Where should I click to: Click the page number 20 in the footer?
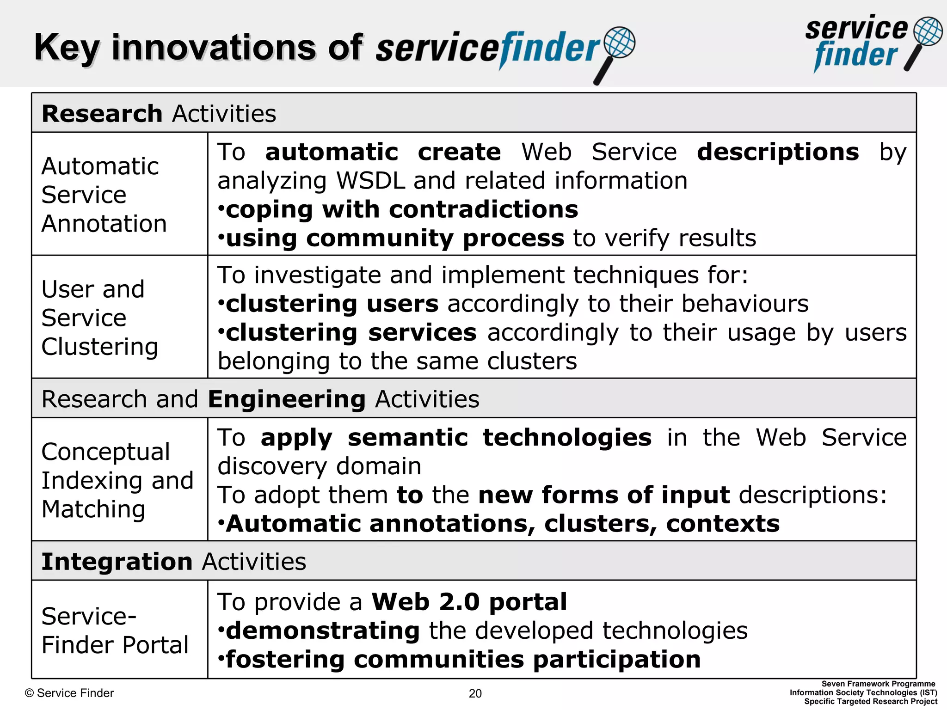tap(475, 693)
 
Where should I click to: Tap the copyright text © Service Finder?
tap(69, 693)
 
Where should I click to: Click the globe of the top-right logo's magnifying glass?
tap(928, 31)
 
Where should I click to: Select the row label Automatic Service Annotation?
tap(104, 195)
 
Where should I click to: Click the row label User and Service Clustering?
tap(99, 318)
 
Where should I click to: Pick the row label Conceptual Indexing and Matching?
tap(117, 480)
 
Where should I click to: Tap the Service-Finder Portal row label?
tap(115, 630)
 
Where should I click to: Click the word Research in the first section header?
tap(102, 114)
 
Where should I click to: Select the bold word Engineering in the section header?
tap(287, 399)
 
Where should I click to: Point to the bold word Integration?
tap(117, 562)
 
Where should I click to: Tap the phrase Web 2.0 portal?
tap(469, 602)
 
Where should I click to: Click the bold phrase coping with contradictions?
tap(401, 210)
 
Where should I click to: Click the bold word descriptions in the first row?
tap(778, 152)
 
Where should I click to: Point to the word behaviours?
tap(744, 304)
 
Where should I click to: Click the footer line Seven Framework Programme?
tap(878, 684)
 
